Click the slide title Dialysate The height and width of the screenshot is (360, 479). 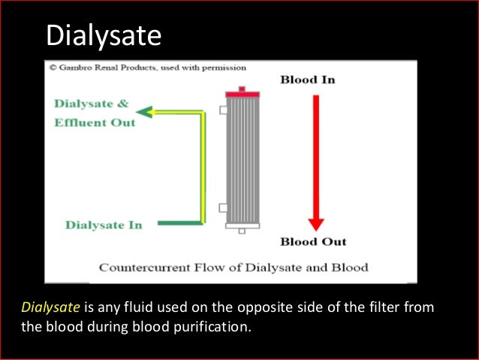(x=104, y=35)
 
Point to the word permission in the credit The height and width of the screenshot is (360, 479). (x=221, y=67)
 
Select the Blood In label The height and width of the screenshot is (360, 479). (x=308, y=80)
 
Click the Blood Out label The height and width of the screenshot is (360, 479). (x=313, y=242)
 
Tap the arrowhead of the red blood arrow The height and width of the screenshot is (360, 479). (x=316, y=223)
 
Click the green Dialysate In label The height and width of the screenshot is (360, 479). (x=103, y=225)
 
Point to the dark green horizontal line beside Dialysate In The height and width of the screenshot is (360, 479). (x=180, y=223)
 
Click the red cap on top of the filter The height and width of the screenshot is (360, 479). (x=242, y=92)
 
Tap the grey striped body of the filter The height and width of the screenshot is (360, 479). (x=242, y=158)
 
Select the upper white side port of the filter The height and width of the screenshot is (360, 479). (x=222, y=110)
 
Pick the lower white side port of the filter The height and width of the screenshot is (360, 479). (x=222, y=207)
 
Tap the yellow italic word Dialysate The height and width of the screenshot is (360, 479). (x=50, y=307)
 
